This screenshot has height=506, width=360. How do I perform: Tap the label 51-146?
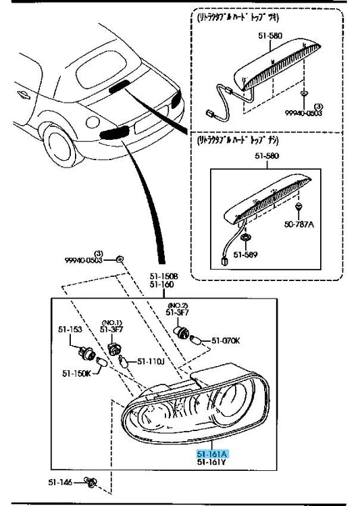click(x=60, y=482)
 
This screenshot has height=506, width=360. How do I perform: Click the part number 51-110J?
click(x=151, y=361)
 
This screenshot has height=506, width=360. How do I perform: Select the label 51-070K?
click(x=226, y=340)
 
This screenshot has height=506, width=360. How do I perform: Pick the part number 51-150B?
click(x=163, y=276)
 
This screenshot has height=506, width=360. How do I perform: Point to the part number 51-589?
click(x=248, y=255)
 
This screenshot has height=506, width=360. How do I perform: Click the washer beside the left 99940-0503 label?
click(x=119, y=259)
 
